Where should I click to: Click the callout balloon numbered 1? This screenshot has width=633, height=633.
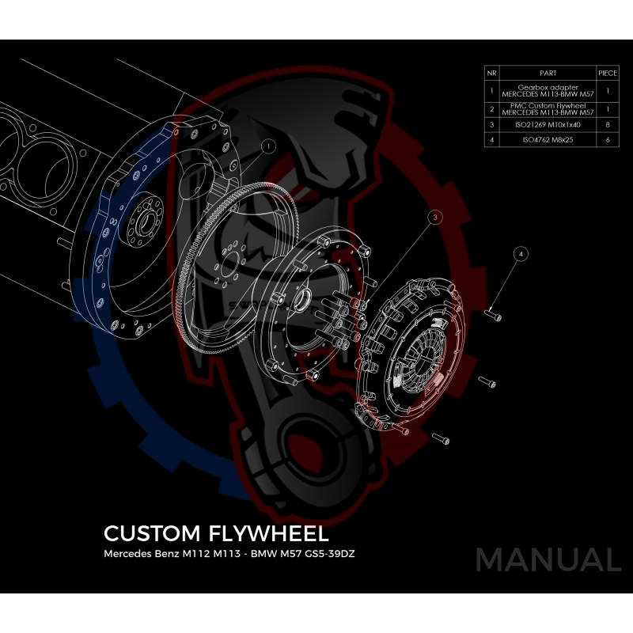click(268, 146)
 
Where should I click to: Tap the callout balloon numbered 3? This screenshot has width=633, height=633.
click(435, 216)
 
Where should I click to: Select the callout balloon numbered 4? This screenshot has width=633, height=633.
click(520, 254)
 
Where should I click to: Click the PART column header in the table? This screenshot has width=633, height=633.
click(547, 72)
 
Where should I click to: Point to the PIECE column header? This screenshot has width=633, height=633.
click(608, 72)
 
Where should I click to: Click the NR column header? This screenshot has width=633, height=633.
click(492, 72)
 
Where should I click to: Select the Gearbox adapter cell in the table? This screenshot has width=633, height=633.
click(547, 91)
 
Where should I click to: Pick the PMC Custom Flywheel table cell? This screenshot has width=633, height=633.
click(547, 108)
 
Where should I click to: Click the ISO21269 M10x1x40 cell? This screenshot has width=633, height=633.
click(547, 124)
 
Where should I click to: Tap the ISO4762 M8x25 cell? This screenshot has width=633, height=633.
click(547, 140)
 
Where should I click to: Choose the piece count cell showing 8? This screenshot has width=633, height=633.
click(608, 124)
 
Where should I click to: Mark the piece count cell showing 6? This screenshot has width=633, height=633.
click(608, 140)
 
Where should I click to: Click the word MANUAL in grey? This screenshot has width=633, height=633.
click(548, 559)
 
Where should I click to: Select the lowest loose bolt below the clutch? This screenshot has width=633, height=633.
click(443, 436)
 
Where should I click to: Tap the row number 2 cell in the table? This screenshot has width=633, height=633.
click(492, 108)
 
